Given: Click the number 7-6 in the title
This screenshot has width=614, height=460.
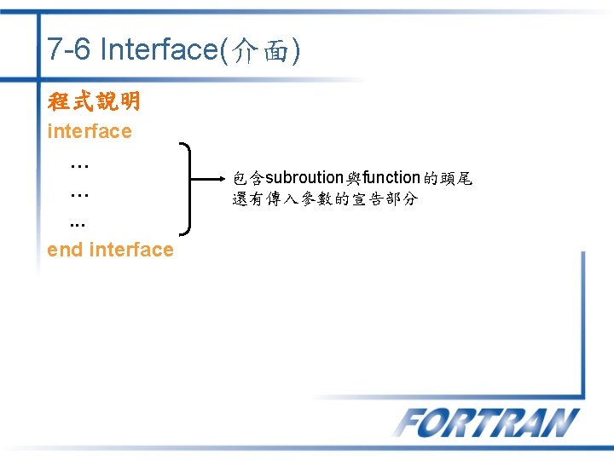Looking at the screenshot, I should pyautogui.click(x=69, y=50).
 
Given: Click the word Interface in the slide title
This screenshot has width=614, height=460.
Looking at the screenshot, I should pyautogui.click(x=159, y=50).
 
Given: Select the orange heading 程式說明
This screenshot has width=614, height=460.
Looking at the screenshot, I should pyautogui.click(x=94, y=102).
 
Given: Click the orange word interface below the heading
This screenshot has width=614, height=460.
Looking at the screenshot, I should pyautogui.click(x=90, y=131).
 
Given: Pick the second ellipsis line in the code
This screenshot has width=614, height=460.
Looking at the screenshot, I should pyautogui.click(x=80, y=194).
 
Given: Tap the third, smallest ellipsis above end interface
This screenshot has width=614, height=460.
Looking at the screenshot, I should pyautogui.click(x=78, y=226).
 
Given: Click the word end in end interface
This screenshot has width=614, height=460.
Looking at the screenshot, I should pyautogui.click(x=65, y=250).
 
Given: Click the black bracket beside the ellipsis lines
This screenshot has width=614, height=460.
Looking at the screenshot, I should pyautogui.click(x=193, y=187).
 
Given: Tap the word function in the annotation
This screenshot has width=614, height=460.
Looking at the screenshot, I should pyautogui.click(x=391, y=178).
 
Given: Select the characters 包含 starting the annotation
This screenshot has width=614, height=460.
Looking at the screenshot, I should pyautogui.click(x=249, y=178).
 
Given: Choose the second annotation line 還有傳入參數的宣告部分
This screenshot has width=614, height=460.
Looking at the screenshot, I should pyautogui.click(x=325, y=199).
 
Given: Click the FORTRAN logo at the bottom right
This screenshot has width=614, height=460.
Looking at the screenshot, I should pyautogui.click(x=486, y=423).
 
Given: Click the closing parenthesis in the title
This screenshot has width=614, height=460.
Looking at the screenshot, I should pyautogui.click(x=294, y=51).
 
